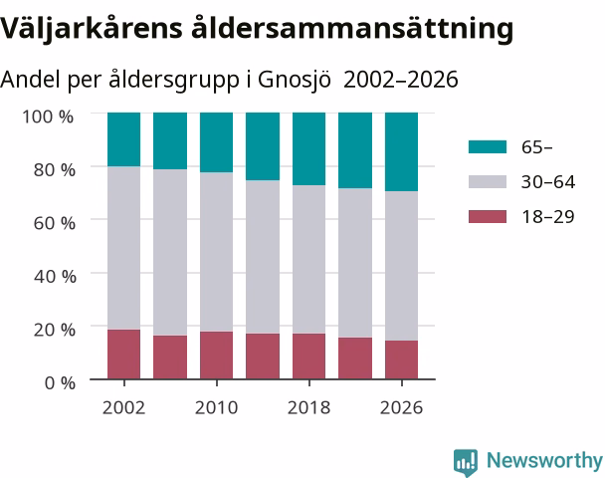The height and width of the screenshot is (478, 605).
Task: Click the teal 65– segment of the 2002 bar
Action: (123, 139)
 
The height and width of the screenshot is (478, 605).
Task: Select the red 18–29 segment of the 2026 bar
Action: (401, 359)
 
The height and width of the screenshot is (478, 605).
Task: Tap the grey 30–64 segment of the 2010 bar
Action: (217, 252)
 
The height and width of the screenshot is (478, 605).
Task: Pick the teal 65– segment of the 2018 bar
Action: (308, 149)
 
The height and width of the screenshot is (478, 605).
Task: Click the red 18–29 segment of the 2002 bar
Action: (123, 355)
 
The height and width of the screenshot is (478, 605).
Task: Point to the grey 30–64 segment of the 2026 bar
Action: (401, 266)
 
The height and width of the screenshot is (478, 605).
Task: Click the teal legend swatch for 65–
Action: (488, 147)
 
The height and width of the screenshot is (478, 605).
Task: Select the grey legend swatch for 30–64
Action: (488, 182)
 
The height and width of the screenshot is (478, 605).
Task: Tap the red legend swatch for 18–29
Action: (488, 217)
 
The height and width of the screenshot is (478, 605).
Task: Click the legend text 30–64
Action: (548, 182)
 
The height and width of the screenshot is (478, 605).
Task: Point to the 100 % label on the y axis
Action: (48, 117)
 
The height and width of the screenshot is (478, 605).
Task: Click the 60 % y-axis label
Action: (55, 223)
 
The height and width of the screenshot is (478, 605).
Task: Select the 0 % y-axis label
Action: (60, 383)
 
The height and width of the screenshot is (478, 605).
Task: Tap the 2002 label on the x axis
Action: (123, 407)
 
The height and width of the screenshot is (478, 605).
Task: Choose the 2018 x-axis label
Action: (308, 407)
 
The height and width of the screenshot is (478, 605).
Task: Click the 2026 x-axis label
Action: (401, 407)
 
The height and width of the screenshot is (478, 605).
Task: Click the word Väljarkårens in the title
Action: (92, 28)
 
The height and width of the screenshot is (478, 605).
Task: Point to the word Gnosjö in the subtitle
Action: (295, 80)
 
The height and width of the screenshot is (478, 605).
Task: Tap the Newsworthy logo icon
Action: (466, 462)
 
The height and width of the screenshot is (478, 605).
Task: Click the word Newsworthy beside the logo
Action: (544, 460)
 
